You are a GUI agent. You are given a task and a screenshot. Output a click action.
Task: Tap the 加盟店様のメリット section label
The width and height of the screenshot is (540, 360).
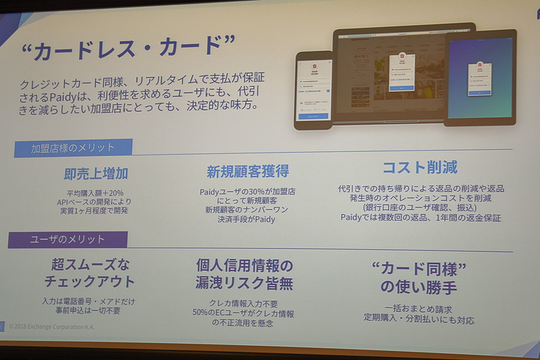[x=73, y=147]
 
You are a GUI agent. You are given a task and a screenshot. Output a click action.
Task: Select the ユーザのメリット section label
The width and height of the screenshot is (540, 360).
[x=67, y=239]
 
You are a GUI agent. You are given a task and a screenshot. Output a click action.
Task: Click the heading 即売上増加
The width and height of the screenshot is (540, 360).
[x=96, y=173]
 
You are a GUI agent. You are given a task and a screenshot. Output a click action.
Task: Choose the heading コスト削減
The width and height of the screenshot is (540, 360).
[x=420, y=168]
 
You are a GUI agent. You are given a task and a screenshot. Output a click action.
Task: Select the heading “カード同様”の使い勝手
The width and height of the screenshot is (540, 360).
[x=418, y=278]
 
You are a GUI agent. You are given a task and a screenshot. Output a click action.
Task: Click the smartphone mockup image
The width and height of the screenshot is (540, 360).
[x=313, y=90]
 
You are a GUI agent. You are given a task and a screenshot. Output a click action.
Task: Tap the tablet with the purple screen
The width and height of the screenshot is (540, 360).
[x=480, y=78]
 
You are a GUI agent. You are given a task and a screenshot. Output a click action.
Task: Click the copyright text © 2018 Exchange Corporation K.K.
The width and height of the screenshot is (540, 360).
[x=55, y=326]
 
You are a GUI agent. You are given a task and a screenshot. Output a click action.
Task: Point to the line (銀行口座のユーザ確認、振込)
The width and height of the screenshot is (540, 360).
[x=421, y=208]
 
